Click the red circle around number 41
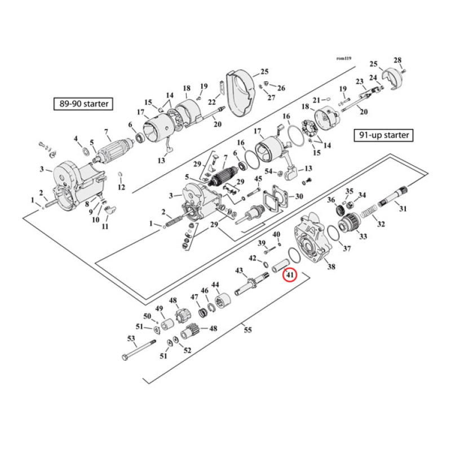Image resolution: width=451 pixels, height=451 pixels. point(290,276)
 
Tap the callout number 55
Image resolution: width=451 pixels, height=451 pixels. point(247,330)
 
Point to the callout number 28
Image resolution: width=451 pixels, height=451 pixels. point(397,60)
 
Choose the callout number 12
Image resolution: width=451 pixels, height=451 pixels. point(121,187)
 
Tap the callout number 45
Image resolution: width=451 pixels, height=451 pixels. point(258,179)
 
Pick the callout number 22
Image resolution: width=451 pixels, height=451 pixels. point(212,102)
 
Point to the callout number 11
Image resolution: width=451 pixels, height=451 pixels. point(105,226)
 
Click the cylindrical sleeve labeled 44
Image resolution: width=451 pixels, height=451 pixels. point(221,295)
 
